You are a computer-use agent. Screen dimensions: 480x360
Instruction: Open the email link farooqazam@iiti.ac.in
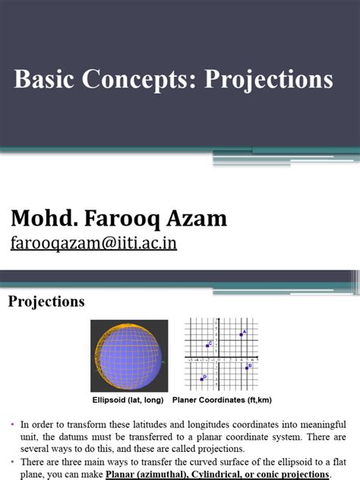pyautogui.click(x=93, y=244)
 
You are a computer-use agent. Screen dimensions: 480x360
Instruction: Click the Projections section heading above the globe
pyautogui.click(x=46, y=302)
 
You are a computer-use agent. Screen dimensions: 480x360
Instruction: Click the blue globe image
pyautogui.click(x=129, y=355)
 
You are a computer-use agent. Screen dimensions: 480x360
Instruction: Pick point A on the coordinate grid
pyautogui.click(x=242, y=334)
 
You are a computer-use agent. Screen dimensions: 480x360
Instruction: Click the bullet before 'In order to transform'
pyautogui.click(x=14, y=424)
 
